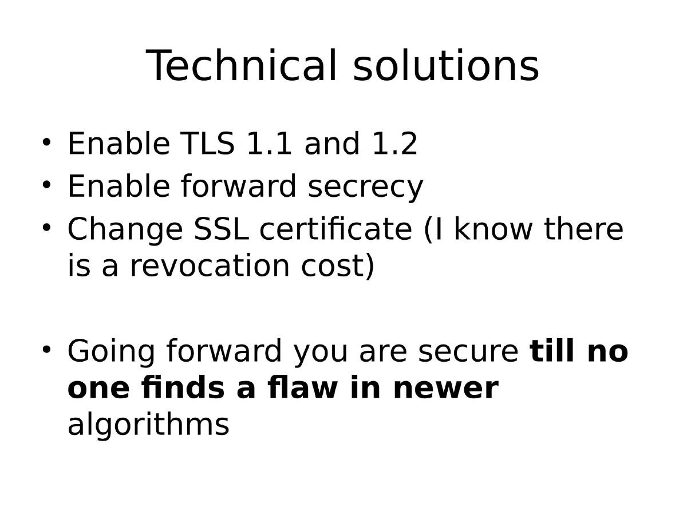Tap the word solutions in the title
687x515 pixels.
(x=446, y=66)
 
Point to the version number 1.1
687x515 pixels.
(x=269, y=144)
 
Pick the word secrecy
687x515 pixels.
(x=365, y=187)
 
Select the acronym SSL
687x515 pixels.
(x=222, y=229)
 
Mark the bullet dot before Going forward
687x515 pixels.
(x=47, y=347)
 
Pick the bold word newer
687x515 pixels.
(x=445, y=388)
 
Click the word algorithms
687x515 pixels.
(x=148, y=425)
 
